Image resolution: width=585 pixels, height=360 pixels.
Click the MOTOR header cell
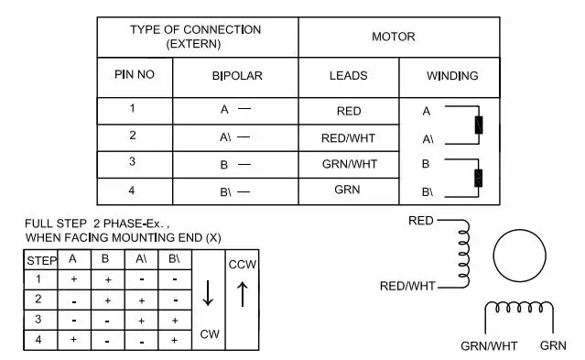pos(394,37)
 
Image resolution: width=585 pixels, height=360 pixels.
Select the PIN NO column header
pos(135,75)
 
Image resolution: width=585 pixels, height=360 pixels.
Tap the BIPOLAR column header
pos(237,76)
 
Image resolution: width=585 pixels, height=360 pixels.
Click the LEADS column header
pos(349,76)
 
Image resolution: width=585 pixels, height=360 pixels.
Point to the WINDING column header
pos(452,76)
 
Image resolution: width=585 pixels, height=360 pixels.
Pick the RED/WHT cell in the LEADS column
pos(348,138)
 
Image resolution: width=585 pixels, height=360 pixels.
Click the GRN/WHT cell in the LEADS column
pos(350,164)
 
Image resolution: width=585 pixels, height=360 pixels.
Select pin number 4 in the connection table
pos(132,191)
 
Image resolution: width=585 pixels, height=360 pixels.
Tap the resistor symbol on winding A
pos(479,125)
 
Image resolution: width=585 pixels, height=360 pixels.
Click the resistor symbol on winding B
pos(478,178)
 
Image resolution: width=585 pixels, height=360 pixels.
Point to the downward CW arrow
pos(208,293)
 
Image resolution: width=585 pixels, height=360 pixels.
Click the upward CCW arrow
pos(243,294)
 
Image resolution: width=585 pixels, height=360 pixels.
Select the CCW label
pos(243,265)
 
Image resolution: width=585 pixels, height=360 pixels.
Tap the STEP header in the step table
pos(41,261)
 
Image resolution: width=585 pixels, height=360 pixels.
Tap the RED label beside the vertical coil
pos(420,221)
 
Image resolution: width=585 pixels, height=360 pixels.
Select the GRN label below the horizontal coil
pos(553,346)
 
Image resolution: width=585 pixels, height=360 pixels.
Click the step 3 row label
pos(38,320)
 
